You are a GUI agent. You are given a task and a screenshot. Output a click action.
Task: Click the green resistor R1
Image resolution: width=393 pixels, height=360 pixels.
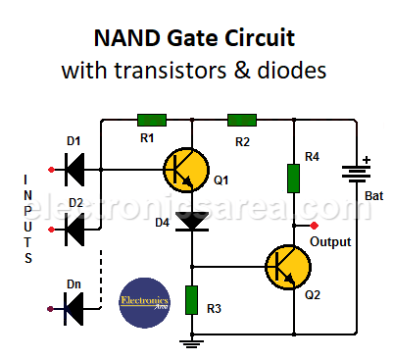[152, 120]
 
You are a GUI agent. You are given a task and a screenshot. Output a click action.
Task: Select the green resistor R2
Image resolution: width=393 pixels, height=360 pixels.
[242, 120]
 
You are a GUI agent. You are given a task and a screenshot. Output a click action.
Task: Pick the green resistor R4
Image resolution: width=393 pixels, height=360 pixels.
[293, 178]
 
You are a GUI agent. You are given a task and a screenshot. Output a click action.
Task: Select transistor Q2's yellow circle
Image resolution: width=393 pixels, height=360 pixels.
[286, 266]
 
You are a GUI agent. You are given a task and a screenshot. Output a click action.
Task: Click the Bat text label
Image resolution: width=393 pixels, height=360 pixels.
[373, 196]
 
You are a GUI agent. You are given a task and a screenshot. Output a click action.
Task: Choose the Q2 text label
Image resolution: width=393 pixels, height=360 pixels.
[313, 295]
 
